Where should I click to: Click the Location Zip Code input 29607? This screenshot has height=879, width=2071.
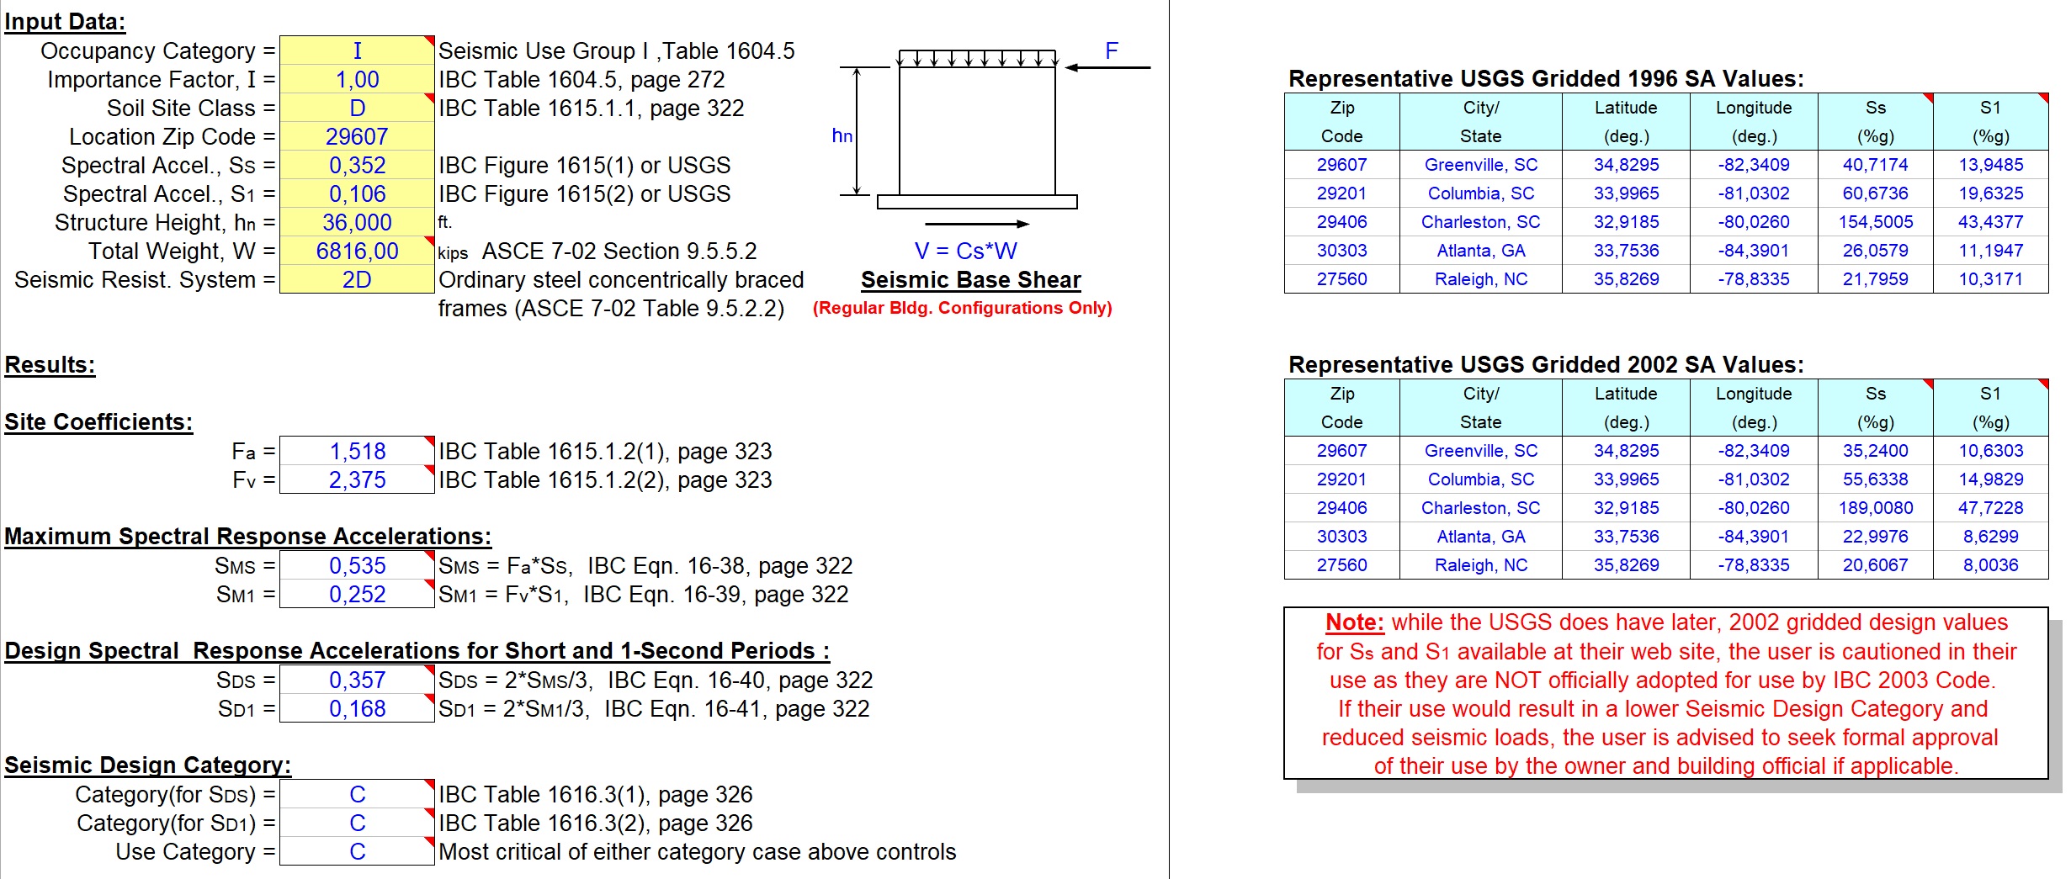tap(357, 136)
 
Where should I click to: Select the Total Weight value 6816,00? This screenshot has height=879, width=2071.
tap(357, 251)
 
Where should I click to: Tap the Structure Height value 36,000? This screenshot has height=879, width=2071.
tap(357, 222)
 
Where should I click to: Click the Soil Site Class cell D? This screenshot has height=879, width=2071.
tap(357, 108)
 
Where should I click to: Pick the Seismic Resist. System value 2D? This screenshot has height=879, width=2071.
tap(357, 279)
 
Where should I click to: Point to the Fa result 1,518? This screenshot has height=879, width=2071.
tap(357, 451)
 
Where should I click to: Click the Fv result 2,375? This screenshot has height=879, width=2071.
tap(357, 479)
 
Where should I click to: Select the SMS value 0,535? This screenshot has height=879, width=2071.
tap(357, 565)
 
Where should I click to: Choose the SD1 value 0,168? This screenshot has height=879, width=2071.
tap(357, 708)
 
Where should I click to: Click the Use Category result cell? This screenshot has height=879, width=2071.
tap(357, 851)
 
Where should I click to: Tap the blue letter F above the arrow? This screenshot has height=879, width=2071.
tap(1111, 50)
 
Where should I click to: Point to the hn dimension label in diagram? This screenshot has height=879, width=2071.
tap(842, 135)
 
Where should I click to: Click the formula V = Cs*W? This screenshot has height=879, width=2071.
tap(965, 251)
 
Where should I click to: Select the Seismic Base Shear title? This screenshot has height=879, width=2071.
tap(970, 279)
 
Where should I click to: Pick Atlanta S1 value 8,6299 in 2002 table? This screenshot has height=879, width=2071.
tap(1990, 537)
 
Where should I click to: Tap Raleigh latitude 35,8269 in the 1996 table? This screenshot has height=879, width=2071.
tap(1626, 279)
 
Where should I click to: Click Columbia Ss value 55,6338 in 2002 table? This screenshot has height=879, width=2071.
tap(1875, 479)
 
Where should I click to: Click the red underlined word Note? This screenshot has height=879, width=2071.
tap(1354, 622)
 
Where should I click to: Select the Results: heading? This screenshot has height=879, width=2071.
tap(50, 365)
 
